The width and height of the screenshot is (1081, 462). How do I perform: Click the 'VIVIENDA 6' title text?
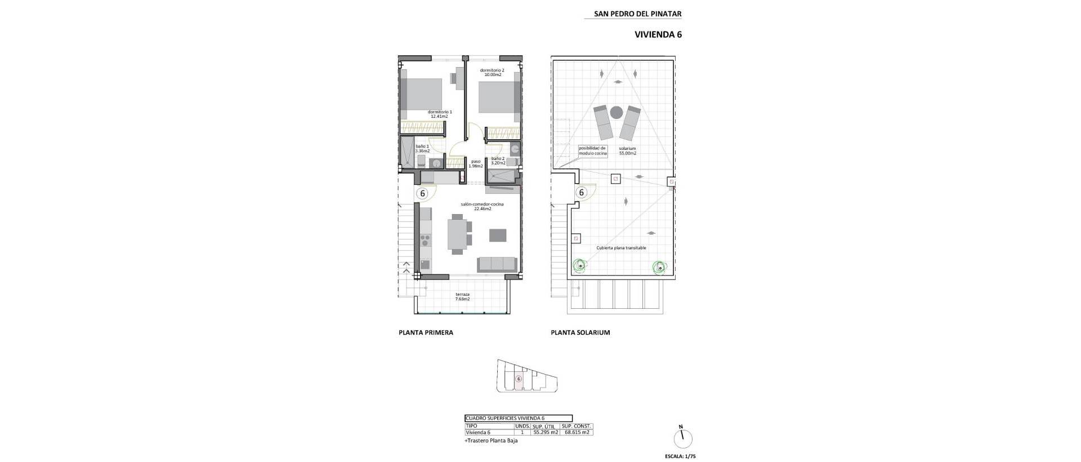658,34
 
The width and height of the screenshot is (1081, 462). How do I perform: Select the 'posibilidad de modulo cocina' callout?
592,151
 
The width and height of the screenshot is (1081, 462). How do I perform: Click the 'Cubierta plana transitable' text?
621,248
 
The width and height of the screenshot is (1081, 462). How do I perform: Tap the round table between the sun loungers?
617,112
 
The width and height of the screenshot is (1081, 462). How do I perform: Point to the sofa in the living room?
497,264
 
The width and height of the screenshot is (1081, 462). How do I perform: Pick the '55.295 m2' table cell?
545,433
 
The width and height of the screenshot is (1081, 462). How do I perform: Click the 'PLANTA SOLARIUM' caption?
580,333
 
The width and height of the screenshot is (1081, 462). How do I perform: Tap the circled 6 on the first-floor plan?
422,193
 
